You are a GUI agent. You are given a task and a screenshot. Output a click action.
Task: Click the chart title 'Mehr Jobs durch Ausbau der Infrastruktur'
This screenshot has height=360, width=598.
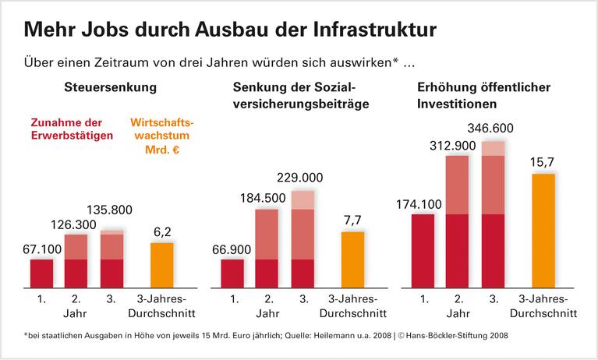(231, 29)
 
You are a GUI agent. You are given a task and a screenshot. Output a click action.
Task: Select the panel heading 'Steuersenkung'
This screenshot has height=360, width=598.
(110, 87)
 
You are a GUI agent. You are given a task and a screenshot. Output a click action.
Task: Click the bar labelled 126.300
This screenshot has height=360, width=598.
(76, 261)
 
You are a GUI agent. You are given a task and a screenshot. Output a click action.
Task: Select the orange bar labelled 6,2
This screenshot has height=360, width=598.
(162, 265)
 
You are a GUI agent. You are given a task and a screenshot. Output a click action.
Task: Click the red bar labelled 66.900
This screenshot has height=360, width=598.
(232, 273)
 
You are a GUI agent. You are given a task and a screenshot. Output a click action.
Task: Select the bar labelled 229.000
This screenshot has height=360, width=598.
(303, 238)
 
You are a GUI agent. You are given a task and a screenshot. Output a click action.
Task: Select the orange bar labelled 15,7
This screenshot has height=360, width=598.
(543, 231)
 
